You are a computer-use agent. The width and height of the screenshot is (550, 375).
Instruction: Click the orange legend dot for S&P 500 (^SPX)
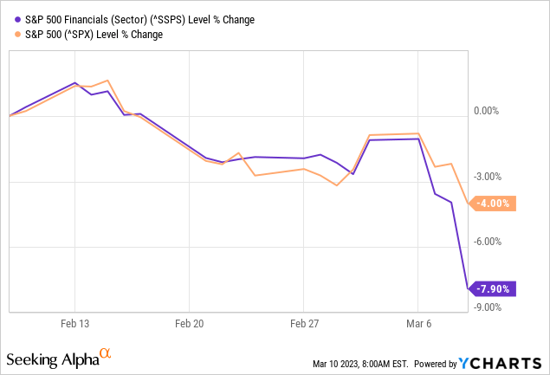tap(11, 35)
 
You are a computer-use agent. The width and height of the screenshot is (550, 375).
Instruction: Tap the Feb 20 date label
tap(189, 323)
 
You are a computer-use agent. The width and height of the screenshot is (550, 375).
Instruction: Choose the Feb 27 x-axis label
tap(303, 323)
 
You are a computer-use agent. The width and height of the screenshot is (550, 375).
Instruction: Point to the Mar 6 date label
tap(417, 323)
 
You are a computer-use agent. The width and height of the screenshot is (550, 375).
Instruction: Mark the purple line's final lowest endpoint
tap(469, 288)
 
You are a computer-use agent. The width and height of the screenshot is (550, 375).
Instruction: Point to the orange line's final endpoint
tap(469, 204)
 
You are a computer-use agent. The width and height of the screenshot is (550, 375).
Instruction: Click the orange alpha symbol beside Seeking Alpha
tap(106, 353)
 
